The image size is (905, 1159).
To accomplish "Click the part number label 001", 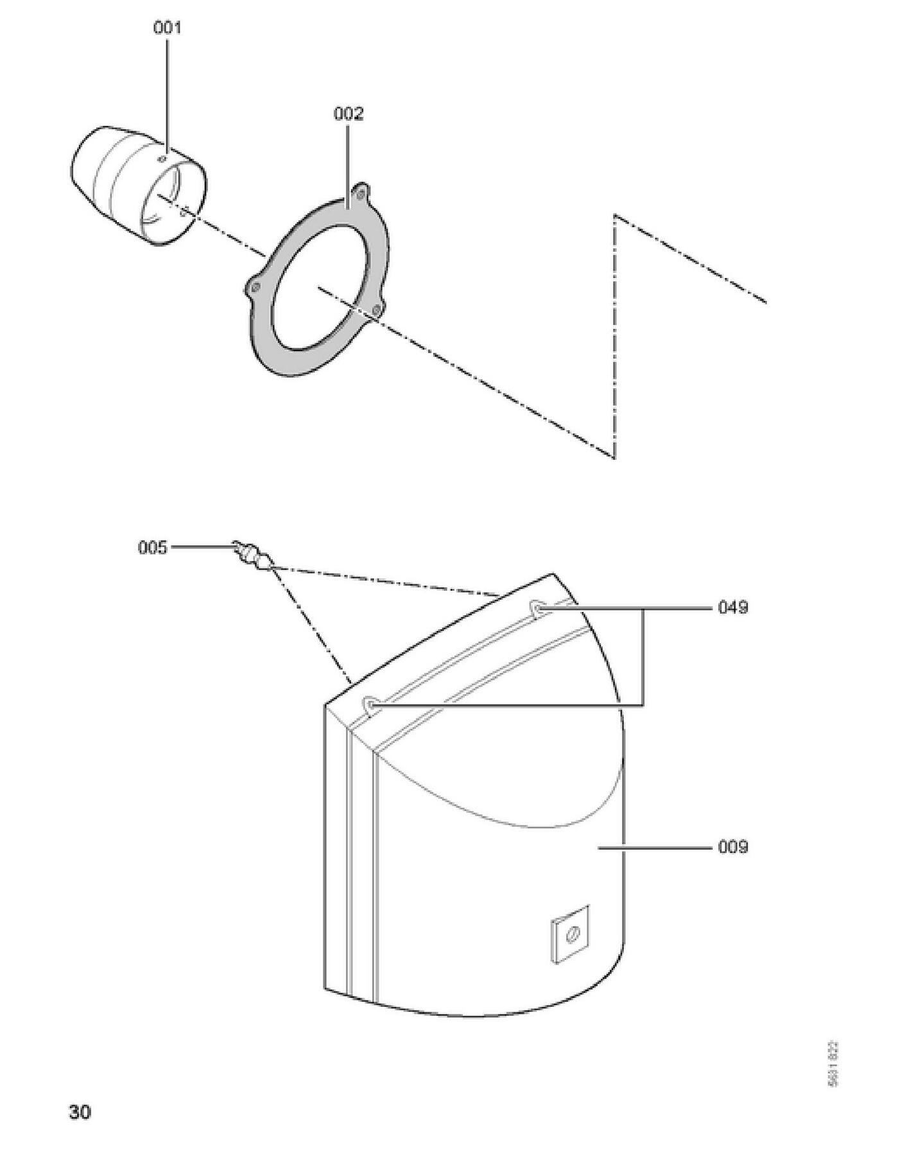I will pyautogui.click(x=167, y=28).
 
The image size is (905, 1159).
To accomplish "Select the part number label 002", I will pyautogui.click(x=348, y=114).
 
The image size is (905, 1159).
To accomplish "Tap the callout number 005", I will pyautogui.click(x=152, y=548).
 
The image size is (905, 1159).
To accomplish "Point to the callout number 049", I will pyautogui.click(x=732, y=607).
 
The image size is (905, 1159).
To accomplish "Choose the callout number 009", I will pyautogui.click(x=732, y=847).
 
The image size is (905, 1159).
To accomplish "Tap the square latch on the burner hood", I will pyautogui.click(x=570, y=935).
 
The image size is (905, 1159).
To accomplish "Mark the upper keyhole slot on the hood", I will pyautogui.click(x=537, y=606).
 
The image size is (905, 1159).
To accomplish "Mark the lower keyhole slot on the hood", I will pyautogui.click(x=371, y=704).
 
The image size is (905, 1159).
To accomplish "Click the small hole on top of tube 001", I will pyautogui.click(x=164, y=157).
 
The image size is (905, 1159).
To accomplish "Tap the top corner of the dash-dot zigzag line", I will pyautogui.click(x=614, y=215).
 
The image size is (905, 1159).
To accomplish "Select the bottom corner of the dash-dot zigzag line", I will pyautogui.click(x=614, y=457).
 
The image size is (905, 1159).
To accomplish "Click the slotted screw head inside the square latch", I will pyautogui.click(x=571, y=935).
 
